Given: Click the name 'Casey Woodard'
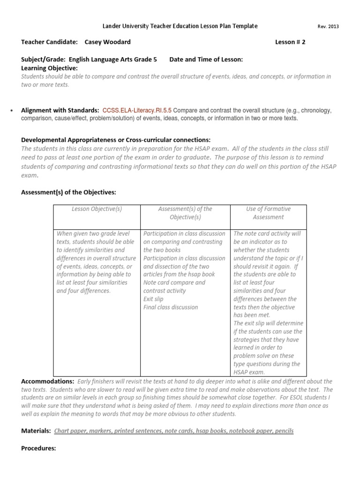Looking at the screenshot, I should (107, 42).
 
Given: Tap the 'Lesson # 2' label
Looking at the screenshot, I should (290, 42).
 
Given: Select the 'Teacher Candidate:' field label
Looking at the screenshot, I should (49, 42).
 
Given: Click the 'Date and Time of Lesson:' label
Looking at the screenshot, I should (206, 60).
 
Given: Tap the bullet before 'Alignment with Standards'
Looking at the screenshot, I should (10, 111).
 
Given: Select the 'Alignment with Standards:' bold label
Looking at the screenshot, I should (60, 111).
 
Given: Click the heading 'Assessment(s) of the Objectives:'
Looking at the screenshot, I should (69, 192).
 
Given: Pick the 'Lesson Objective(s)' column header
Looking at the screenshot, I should (97, 209).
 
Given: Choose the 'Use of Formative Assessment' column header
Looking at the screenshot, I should (268, 213).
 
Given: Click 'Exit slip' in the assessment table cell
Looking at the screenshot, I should (154, 299).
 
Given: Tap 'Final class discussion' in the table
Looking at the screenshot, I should (171, 307).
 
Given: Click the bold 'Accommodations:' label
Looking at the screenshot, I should (48, 382).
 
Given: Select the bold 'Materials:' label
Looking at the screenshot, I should (36, 431).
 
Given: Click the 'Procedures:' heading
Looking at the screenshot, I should (38, 448).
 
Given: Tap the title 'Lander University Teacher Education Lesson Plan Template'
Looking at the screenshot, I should (180, 26).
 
